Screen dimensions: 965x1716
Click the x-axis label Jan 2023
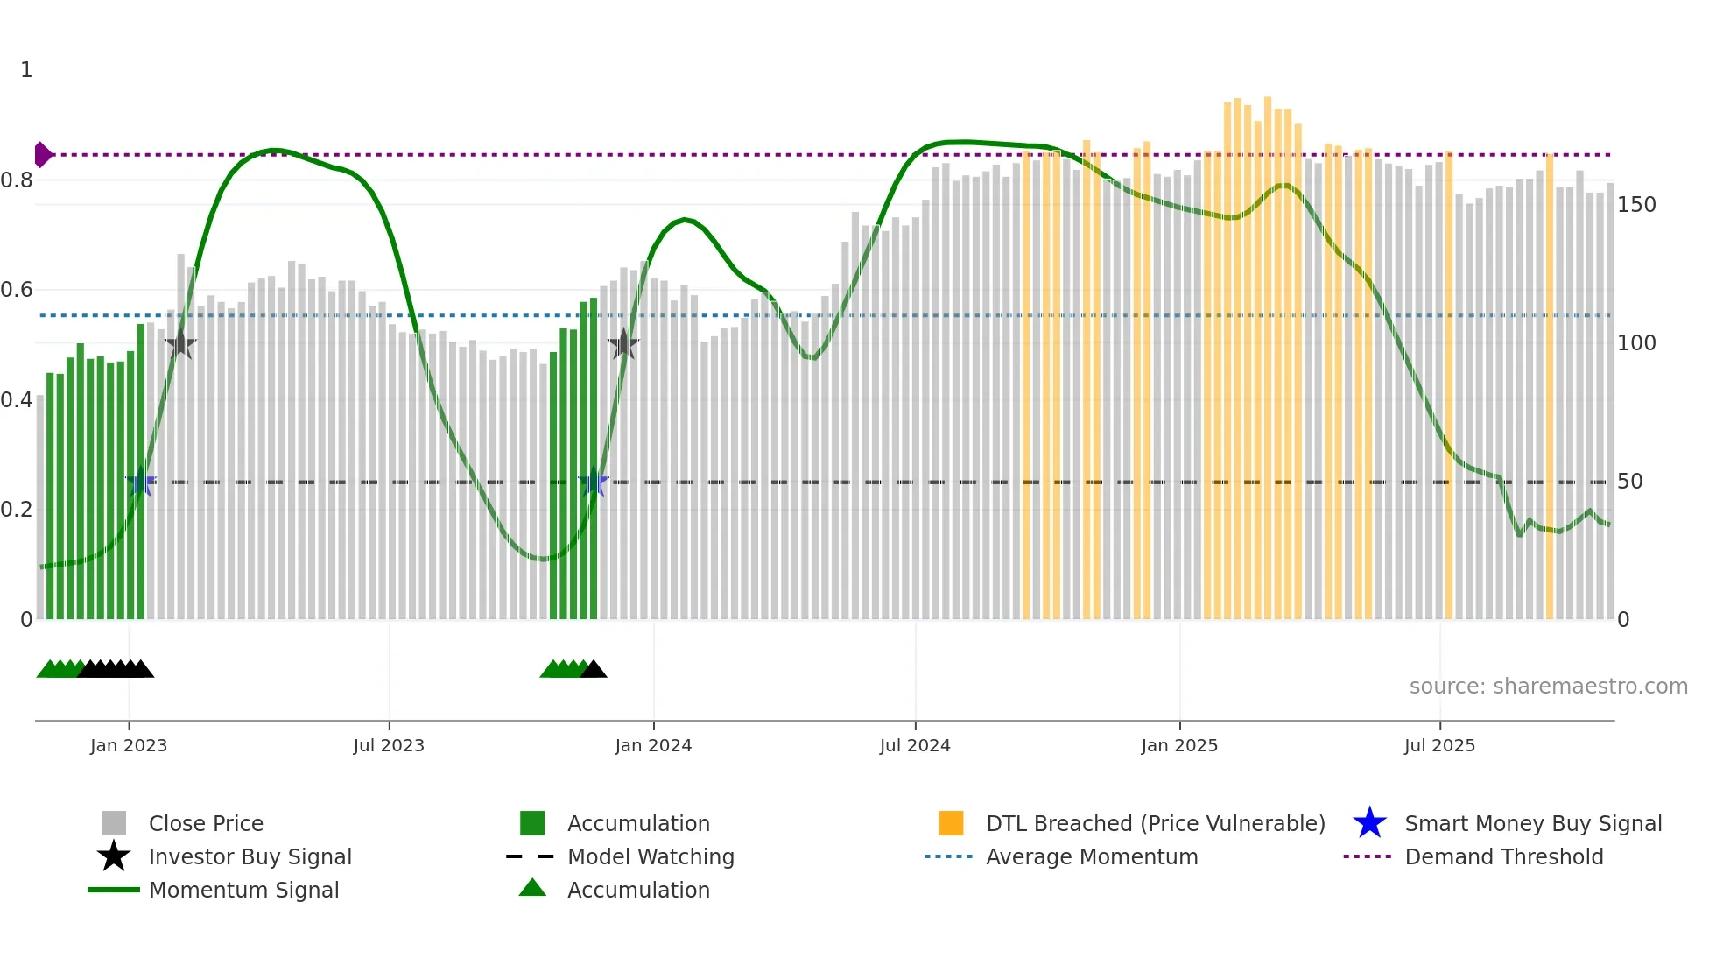pos(129,745)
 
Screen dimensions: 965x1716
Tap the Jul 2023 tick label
pos(389,745)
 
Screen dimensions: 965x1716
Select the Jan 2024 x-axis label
pos(653,745)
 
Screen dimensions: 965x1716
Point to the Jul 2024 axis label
pos(915,745)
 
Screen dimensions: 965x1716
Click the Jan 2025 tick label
pos(1179,745)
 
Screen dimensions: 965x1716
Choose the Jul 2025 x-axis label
pos(1439,745)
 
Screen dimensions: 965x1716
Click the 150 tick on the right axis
pos(1636,205)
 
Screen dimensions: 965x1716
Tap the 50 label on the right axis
pos(1630,482)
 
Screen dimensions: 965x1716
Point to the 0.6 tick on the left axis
pos(17,290)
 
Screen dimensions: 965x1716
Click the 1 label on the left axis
pos(26,70)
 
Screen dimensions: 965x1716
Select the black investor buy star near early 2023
pos(180,344)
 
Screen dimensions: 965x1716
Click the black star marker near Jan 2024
pos(623,344)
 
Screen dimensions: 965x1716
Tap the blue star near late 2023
pos(594,482)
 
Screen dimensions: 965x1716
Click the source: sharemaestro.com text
pos(1548,687)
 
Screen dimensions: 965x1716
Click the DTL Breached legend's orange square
pos(951,823)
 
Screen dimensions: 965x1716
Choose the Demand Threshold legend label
pos(1503,856)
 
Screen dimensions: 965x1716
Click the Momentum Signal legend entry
pos(243,890)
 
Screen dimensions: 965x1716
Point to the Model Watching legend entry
pos(650,856)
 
